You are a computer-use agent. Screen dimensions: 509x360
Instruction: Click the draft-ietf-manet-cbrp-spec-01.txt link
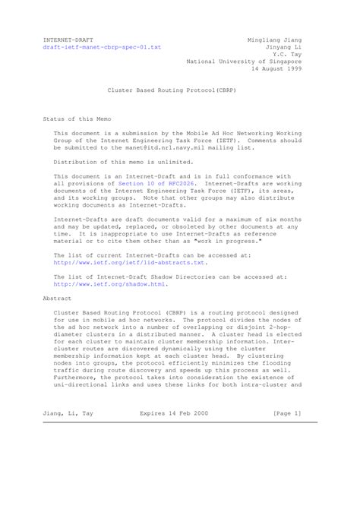tap(102, 46)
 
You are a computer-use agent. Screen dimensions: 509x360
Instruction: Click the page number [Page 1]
tap(287, 413)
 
